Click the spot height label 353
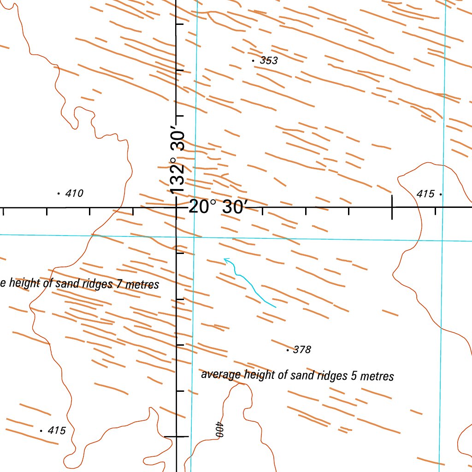269,60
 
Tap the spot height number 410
74,194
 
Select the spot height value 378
302,350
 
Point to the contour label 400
219,430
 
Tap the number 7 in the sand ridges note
119,284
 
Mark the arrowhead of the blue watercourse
225,260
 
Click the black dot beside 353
253,60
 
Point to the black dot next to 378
288,350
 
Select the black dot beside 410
59,194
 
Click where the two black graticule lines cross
177,207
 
